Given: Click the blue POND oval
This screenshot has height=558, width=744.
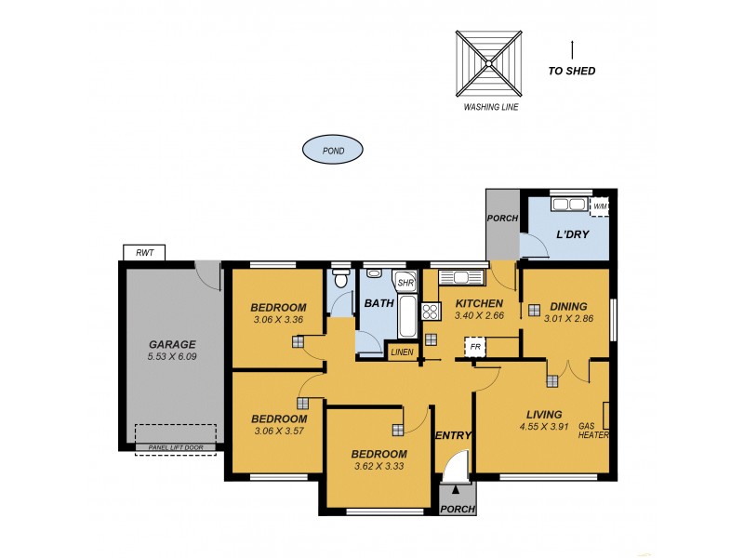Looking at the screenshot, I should pos(332,149).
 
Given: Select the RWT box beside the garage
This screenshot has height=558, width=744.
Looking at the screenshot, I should pos(144,252).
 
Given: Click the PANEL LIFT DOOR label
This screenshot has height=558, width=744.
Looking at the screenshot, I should pos(175,448).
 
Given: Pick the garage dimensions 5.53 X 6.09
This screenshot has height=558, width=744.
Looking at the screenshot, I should pos(173,356).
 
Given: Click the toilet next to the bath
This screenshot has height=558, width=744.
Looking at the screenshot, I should pos(340,278).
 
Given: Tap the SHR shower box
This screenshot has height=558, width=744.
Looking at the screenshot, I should pos(405,283).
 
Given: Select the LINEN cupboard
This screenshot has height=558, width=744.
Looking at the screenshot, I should pos(402,352).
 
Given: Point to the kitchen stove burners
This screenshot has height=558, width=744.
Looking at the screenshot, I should pos(431,312).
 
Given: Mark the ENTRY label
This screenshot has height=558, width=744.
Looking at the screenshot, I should pos(454,435).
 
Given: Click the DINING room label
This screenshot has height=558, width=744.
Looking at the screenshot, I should pos(568,305).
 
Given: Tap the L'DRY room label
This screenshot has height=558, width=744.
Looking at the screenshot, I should pos(572,234).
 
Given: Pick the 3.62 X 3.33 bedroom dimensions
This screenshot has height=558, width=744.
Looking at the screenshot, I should pos(379,468).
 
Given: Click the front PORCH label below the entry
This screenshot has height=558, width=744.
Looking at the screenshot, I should pos(457,509).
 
